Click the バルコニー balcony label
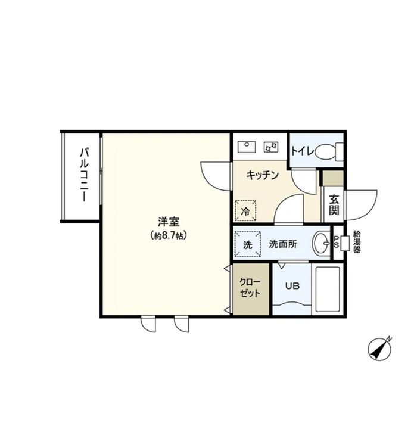pos(84,176)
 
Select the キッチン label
pos(262,175)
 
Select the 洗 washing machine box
pos(247,243)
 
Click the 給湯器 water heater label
pos(357,241)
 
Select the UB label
pos(292,285)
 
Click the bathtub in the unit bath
pos(326,289)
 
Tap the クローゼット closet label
pos(250,288)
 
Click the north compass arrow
pos(379,349)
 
